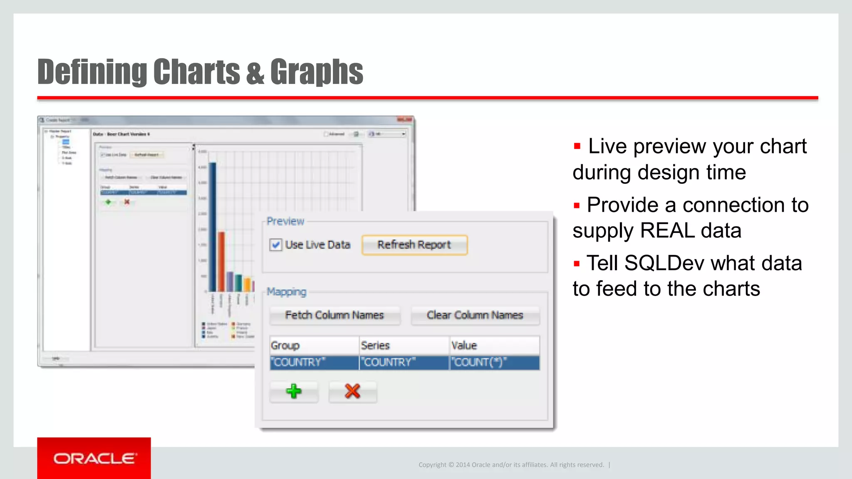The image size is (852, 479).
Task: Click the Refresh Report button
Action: (x=414, y=245)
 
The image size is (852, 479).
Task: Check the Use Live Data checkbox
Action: (x=275, y=245)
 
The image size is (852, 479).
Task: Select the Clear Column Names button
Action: (x=475, y=315)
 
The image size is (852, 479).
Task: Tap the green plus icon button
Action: (x=294, y=391)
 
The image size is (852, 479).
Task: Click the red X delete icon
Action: (x=352, y=391)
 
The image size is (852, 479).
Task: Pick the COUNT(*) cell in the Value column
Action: (x=494, y=362)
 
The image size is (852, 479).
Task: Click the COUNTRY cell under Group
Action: (x=314, y=362)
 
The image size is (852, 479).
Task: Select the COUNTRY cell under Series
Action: (x=404, y=362)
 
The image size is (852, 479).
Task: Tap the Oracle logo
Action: (x=94, y=458)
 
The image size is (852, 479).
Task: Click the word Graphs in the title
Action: (x=317, y=72)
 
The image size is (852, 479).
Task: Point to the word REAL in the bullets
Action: (x=667, y=231)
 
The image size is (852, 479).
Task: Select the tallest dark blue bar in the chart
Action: (x=213, y=227)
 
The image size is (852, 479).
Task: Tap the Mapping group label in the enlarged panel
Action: (x=286, y=292)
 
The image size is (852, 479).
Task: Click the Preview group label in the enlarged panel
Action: (x=285, y=221)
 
